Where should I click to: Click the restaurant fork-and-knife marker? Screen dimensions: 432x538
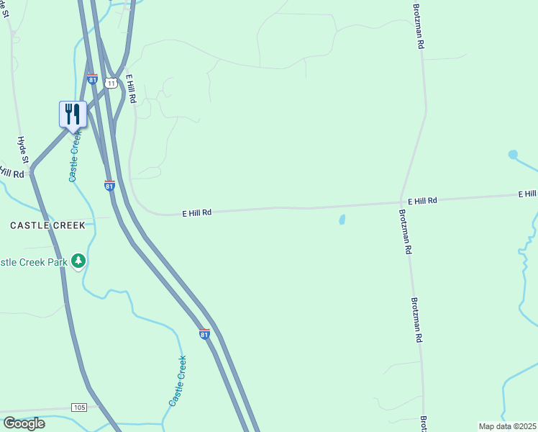click(73, 114)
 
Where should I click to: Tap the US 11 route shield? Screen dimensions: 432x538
click(110, 83)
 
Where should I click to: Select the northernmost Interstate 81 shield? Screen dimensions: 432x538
click(92, 78)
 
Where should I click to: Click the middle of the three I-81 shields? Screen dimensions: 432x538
click(109, 185)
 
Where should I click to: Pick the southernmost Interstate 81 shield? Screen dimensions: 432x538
click(204, 334)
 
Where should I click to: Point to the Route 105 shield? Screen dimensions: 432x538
click(79, 408)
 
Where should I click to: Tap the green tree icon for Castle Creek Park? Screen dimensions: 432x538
click(78, 261)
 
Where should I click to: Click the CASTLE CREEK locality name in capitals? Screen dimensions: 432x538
click(47, 225)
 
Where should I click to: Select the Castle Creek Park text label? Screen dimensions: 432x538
click(33, 262)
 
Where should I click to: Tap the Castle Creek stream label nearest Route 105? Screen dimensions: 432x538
click(178, 381)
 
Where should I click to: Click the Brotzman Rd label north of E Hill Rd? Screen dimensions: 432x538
click(418, 26)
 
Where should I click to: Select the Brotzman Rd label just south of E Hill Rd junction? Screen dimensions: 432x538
click(405, 231)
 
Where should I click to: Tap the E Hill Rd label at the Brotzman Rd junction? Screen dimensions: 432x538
click(422, 201)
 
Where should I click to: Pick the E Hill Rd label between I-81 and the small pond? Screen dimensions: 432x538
click(196, 212)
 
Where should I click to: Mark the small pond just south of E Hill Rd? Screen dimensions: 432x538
click(342, 220)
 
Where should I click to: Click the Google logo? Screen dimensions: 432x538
click(24, 423)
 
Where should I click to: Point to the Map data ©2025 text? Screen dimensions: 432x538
click(507, 426)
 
